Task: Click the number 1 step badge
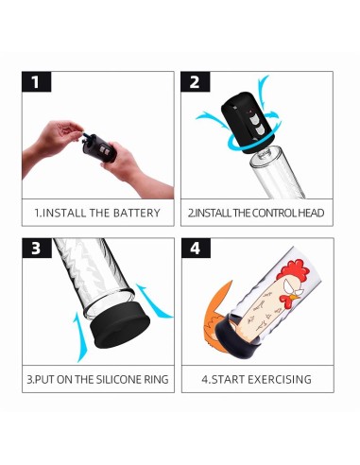click(x=36, y=81)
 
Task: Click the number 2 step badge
click(x=195, y=81)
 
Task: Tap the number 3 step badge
click(x=37, y=248)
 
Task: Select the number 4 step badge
click(x=196, y=248)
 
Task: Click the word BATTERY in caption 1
click(x=137, y=213)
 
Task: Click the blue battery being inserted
click(x=86, y=135)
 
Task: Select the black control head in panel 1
click(x=100, y=148)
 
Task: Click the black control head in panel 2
click(x=248, y=122)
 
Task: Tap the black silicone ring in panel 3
click(x=120, y=329)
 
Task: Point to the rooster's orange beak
click(x=295, y=297)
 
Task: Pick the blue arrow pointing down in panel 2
click(x=263, y=87)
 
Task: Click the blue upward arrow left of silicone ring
click(x=78, y=337)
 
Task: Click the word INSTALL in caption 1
click(x=64, y=213)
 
